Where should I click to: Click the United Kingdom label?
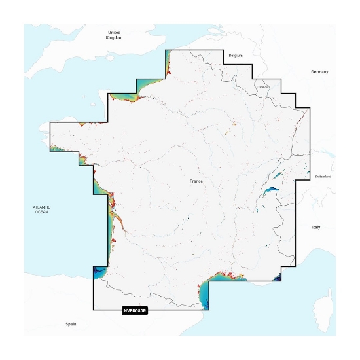point(114,35)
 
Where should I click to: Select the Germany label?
point(319,71)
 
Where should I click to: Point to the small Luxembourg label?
point(263,86)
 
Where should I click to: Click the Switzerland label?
point(323,177)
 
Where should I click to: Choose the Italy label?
point(315,227)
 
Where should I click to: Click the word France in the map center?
point(197,180)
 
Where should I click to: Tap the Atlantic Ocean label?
point(41,209)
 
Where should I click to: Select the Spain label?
point(71,325)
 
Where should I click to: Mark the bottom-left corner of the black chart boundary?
point(93,309)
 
